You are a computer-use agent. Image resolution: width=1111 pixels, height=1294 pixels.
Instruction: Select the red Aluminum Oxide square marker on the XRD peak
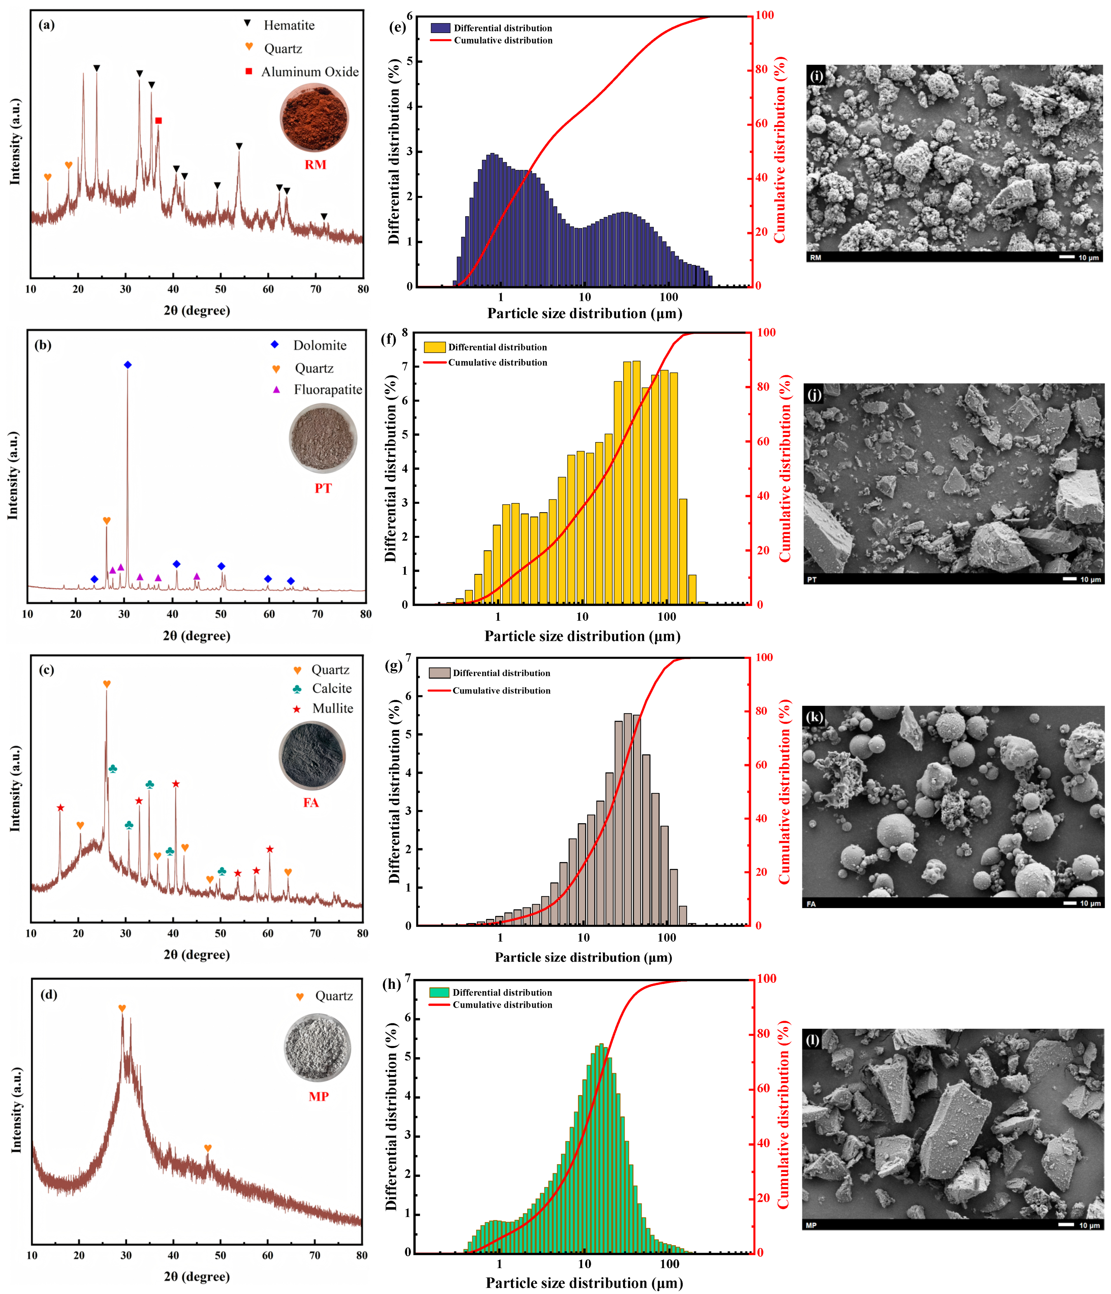point(159,121)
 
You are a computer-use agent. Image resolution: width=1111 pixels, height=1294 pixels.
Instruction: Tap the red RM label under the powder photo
point(315,165)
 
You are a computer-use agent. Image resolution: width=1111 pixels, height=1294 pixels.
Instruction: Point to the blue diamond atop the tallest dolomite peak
point(128,365)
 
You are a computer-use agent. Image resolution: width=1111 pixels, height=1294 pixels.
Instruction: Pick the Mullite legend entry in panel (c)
point(332,708)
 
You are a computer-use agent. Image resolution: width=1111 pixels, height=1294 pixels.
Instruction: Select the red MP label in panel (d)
point(318,1097)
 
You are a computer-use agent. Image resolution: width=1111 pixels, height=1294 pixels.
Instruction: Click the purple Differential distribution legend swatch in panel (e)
point(440,28)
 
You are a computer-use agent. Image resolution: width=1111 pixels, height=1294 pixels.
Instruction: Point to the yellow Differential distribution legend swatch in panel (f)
point(435,347)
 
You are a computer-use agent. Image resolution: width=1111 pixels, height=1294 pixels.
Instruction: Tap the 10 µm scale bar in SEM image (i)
point(1067,257)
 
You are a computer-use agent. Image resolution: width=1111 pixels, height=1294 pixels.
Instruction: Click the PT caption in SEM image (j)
point(812,580)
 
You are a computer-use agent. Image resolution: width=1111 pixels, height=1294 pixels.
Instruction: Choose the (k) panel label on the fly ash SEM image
point(814,717)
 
